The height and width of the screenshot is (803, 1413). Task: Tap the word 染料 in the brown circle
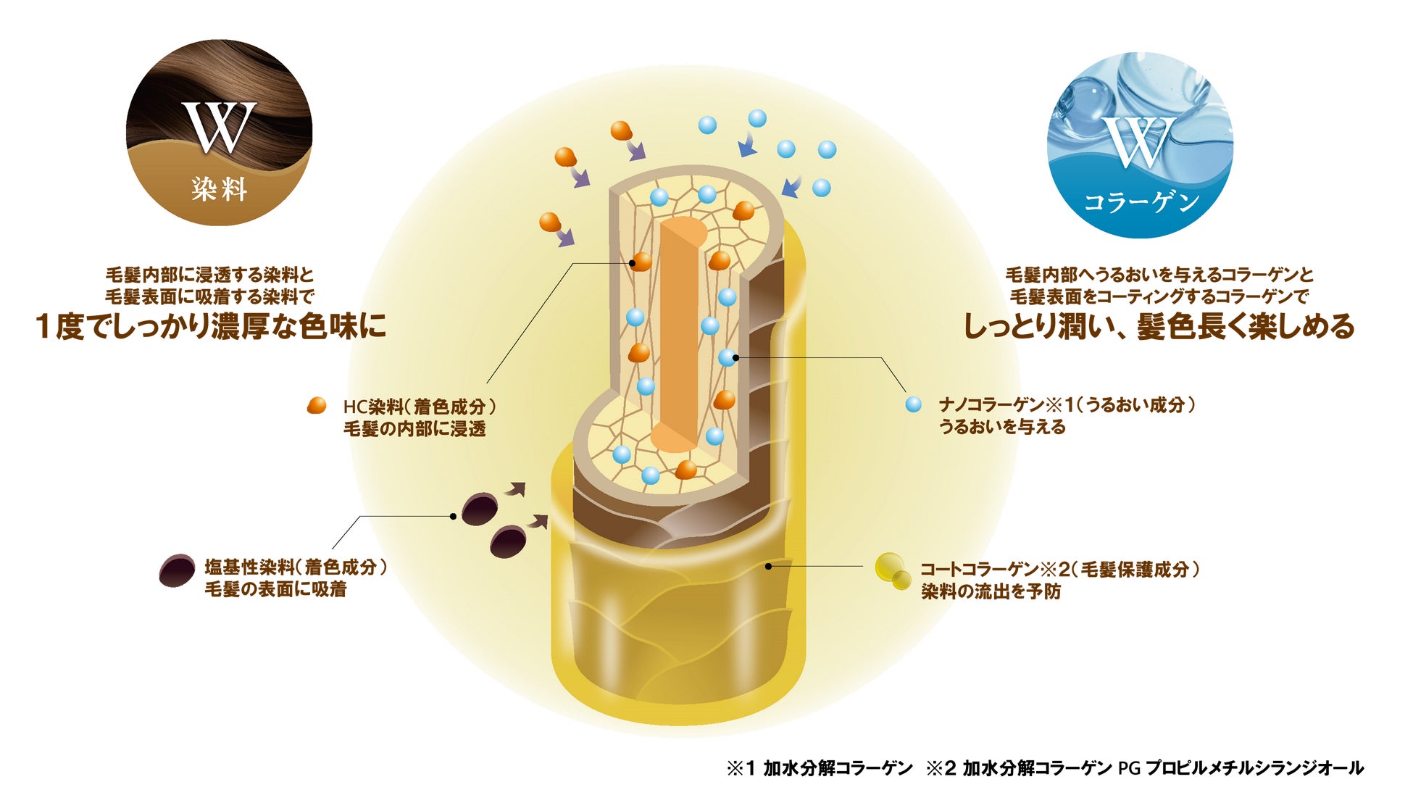[220, 189]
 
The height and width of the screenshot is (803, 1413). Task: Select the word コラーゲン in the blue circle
[1141, 202]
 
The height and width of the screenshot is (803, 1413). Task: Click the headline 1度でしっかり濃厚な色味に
[211, 326]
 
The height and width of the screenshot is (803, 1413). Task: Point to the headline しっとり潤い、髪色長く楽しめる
[1159, 326]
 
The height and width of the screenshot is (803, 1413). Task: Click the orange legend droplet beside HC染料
[317, 406]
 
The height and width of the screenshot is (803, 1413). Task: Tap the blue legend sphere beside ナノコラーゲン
[914, 404]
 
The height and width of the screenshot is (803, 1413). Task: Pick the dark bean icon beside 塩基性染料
[177, 570]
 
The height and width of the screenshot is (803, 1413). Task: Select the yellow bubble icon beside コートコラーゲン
[892, 570]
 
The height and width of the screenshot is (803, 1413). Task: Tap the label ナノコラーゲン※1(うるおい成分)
[1067, 404]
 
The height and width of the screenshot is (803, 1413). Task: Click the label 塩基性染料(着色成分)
[296, 567]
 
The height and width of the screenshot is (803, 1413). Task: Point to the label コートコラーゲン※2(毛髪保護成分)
[1060, 570]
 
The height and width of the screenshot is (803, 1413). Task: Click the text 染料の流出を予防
[991, 591]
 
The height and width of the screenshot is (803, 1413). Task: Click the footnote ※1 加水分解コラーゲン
[820, 768]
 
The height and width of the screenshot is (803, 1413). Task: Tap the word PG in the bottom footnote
[1129, 768]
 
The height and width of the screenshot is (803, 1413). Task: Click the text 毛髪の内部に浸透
[414, 429]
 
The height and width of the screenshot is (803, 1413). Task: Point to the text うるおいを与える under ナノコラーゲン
[1002, 427]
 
